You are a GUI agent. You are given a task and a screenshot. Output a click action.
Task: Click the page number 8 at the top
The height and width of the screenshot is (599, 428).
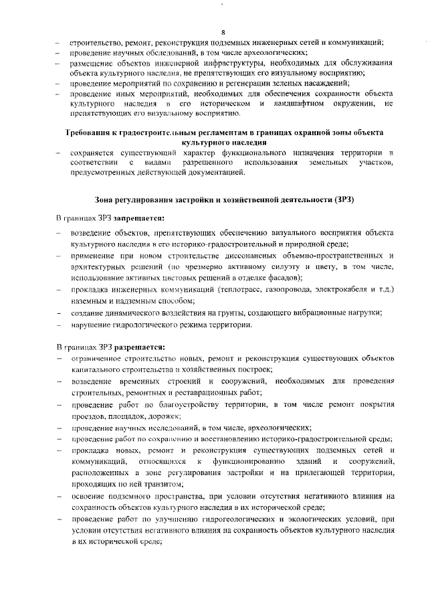(x=223, y=32)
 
